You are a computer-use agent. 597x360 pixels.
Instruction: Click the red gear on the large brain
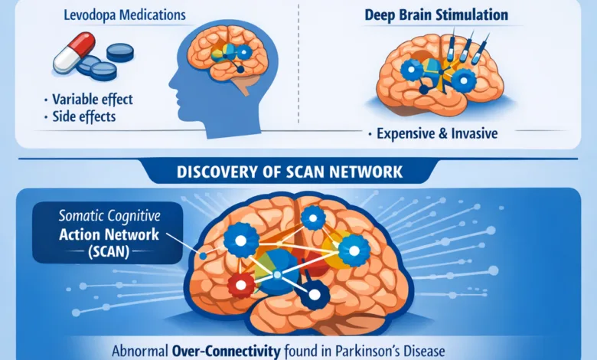[x=240, y=284]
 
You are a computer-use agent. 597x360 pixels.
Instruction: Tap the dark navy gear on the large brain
[x=313, y=293]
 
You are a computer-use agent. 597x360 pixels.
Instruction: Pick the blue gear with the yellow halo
[x=354, y=248]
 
